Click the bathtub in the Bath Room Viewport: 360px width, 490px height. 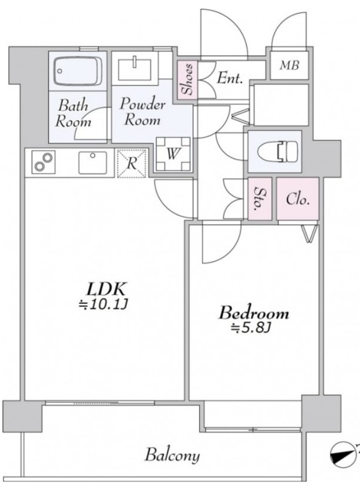pos(77,71)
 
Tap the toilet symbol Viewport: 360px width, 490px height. pos(277,152)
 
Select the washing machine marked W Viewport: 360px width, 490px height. pos(173,154)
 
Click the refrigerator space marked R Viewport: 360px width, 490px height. pos(132,163)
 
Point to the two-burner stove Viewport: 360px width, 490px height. pos(44,162)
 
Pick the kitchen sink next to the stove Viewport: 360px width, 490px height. pos(93,162)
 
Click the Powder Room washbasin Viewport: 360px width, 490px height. pos(135,68)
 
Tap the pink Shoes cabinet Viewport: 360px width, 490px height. pos(188,80)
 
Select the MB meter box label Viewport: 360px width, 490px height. pos(289,65)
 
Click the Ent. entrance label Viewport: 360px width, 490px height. pos(230,78)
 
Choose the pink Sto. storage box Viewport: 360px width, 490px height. pos(260,198)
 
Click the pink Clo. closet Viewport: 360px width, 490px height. pos(297,199)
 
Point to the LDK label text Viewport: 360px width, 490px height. pos(106,289)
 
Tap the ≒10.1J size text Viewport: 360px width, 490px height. pos(103,304)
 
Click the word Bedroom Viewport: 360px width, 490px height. pos(254,313)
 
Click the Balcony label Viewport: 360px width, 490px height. pos(172,455)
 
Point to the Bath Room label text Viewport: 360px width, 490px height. pos(73,113)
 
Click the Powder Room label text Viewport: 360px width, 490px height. pos(142,112)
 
